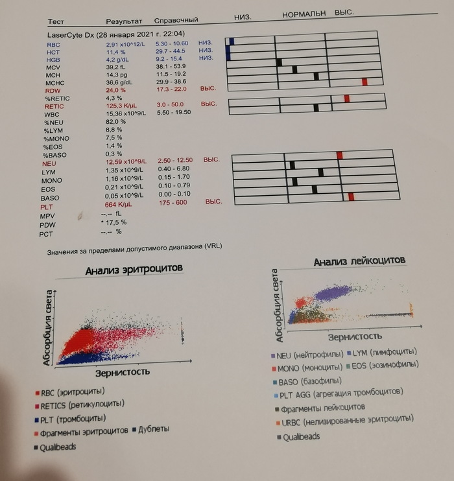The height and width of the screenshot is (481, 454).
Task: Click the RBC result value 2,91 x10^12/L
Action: click(x=126, y=43)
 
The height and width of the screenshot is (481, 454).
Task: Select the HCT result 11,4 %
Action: click(x=116, y=51)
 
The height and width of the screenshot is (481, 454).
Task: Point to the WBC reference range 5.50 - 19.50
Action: click(x=174, y=112)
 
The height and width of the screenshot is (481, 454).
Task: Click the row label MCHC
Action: click(x=55, y=83)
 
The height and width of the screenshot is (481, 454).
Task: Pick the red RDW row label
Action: click(x=53, y=91)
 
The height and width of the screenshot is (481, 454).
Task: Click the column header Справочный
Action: click(x=176, y=20)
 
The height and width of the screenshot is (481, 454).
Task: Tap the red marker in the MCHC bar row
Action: click(x=364, y=82)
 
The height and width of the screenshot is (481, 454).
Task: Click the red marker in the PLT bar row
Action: click(x=351, y=196)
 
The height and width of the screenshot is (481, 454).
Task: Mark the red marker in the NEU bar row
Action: click(x=339, y=156)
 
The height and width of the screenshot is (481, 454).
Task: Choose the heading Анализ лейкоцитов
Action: click(x=360, y=261)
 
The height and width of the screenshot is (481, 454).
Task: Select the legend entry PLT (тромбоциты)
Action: click(x=73, y=419)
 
